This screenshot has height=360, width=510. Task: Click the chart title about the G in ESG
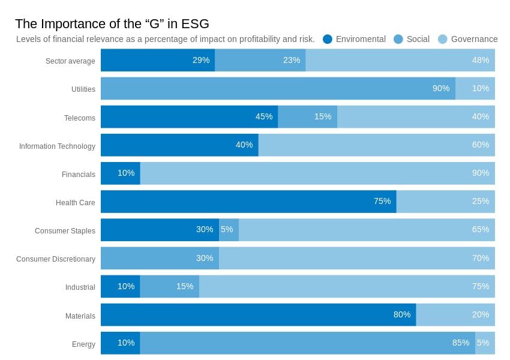click(112, 24)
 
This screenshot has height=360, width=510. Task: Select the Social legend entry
click(412, 39)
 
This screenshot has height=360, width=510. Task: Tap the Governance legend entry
click(468, 39)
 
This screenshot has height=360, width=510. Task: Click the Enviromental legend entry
click(354, 39)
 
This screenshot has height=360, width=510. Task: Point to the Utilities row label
click(83, 89)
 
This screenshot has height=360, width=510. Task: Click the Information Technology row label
click(57, 146)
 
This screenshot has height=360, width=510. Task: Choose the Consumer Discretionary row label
click(56, 259)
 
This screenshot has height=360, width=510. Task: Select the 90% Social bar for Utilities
click(278, 88)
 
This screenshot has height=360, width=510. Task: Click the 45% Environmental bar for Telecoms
click(189, 116)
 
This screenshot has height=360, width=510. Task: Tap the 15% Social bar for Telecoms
click(307, 116)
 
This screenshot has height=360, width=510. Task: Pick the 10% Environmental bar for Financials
click(120, 173)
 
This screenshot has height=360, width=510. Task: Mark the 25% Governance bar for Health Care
click(445, 202)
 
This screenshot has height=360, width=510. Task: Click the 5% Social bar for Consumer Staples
click(229, 230)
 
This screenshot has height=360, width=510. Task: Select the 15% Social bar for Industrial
click(169, 286)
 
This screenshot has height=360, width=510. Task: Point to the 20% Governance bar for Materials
click(455, 314)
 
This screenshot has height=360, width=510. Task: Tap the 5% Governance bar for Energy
click(485, 343)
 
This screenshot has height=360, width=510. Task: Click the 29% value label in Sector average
click(201, 60)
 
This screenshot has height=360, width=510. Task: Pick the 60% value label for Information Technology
click(481, 145)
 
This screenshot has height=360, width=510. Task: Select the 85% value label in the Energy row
click(461, 343)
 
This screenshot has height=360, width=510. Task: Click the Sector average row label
click(70, 61)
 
